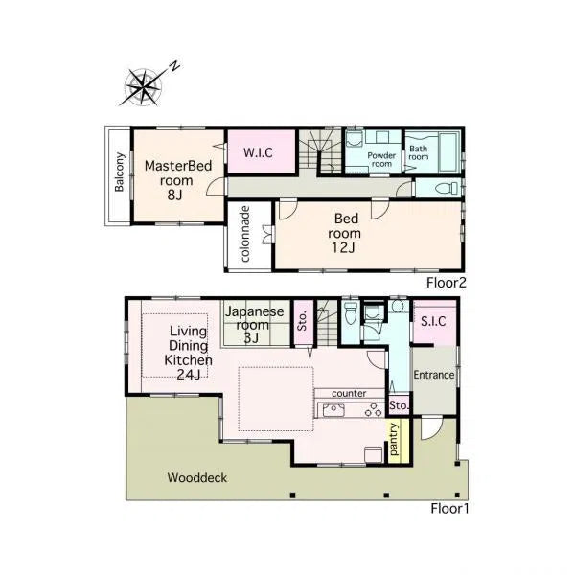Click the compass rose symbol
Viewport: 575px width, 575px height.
click(x=143, y=87)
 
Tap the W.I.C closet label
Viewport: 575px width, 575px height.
click(x=258, y=152)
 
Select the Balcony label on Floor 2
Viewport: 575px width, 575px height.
click(x=119, y=172)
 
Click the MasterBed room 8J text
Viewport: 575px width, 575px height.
click(x=178, y=180)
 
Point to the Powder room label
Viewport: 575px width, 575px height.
click(x=381, y=159)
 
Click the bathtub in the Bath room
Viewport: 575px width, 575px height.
click(x=448, y=152)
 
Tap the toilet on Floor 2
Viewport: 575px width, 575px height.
click(x=447, y=189)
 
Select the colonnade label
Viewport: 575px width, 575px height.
click(x=245, y=234)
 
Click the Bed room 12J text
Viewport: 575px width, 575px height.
click(x=344, y=233)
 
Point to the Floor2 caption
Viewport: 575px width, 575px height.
click(x=446, y=283)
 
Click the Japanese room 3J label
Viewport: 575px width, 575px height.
click(x=254, y=325)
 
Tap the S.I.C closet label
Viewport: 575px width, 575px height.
click(x=433, y=321)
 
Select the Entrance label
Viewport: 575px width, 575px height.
click(x=434, y=375)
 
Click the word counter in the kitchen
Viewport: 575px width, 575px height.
click(x=349, y=394)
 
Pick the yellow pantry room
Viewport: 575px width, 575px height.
click(x=399, y=441)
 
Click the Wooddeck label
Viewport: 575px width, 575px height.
click(x=197, y=477)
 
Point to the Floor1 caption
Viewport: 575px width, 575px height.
click(x=449, y=509)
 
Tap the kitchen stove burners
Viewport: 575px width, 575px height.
click(x=374, y=409)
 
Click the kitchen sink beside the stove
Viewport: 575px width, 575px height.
click(x=333, y=409)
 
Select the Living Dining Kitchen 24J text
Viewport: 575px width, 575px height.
click(x=188, y=353)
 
